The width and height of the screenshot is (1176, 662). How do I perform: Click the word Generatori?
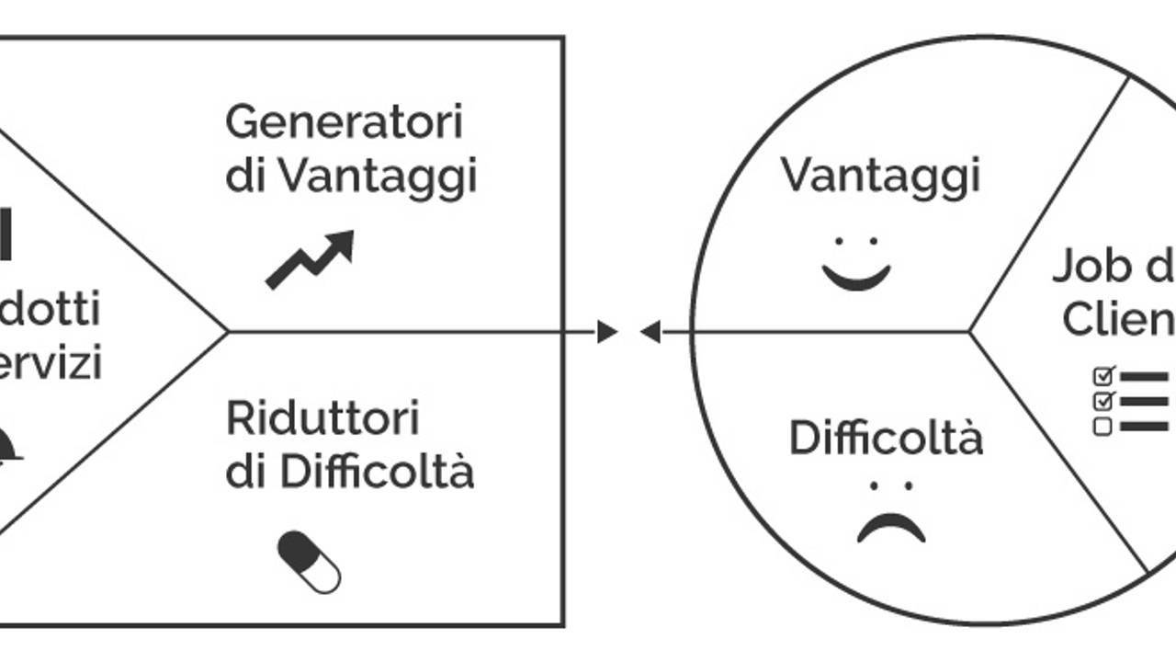pos(344,122)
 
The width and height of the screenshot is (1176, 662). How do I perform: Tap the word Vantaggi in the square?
pos(378,176)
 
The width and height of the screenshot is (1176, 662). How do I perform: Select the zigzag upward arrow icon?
pos(310,259)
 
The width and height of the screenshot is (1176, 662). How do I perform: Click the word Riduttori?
pos(322,419)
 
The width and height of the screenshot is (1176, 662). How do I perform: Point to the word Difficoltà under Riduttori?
pos(378,473)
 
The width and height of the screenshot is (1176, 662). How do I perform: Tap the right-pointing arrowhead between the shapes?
pos(607,331)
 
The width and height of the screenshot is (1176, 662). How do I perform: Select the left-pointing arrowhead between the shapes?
pos(650,331)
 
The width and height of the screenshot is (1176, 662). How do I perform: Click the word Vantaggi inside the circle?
pos(880,175)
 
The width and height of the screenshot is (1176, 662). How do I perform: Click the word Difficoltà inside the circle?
pos(886,438)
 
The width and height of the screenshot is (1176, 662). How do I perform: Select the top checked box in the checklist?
pos(1103,375)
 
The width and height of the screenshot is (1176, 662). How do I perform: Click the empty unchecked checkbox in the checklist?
pos(1103,426)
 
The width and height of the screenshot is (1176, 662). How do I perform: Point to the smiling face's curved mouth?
pos(856,277)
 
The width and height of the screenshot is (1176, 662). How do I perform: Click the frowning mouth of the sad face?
pos(890,529)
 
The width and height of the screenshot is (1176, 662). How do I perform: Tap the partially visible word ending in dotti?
pos(51,310)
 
